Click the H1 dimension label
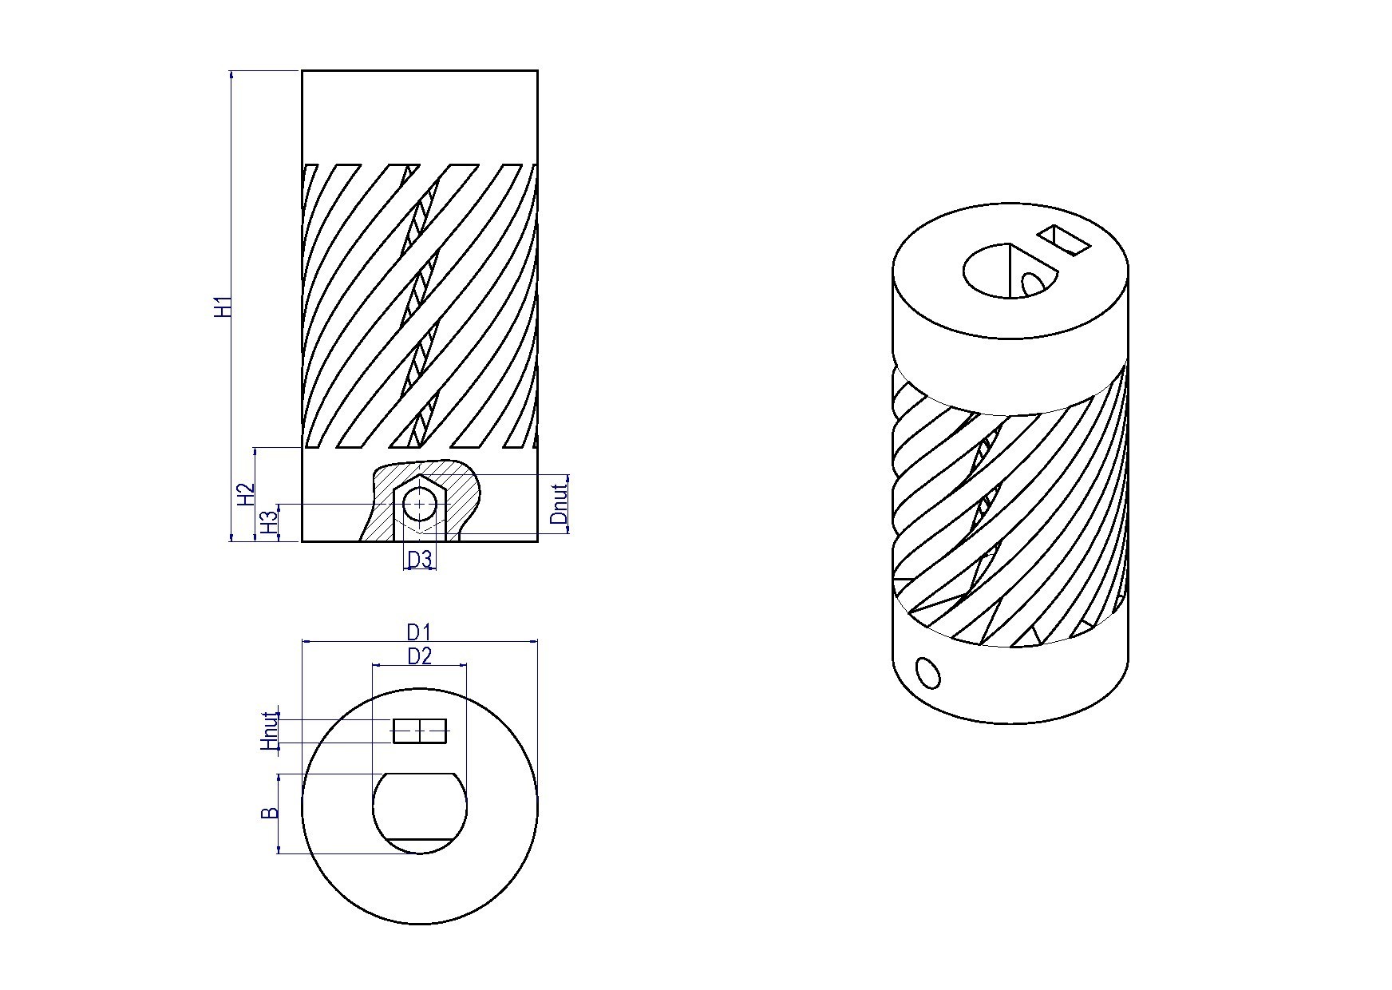click(x=224, y=307)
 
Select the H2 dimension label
click(x=246, y=494)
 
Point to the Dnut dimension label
click(x=560, y=501)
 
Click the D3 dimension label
click(x=420, y=560)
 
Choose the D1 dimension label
click(x=420, y=632)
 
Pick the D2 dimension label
click(x=420, y=656)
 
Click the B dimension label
click(x=271, y=814)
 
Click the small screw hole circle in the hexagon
click(x=420, y=505)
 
